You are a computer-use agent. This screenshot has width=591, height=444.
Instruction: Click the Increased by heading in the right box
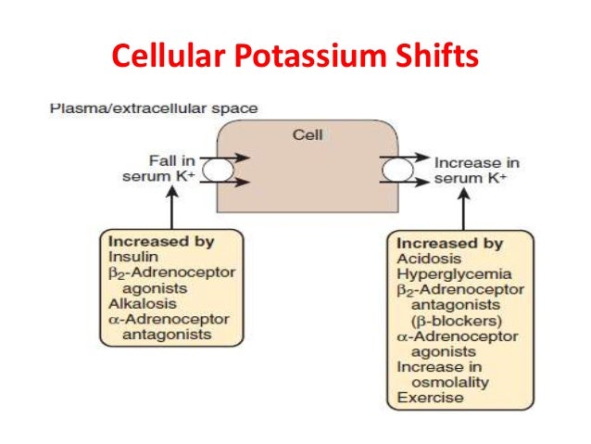click(449, 245)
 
